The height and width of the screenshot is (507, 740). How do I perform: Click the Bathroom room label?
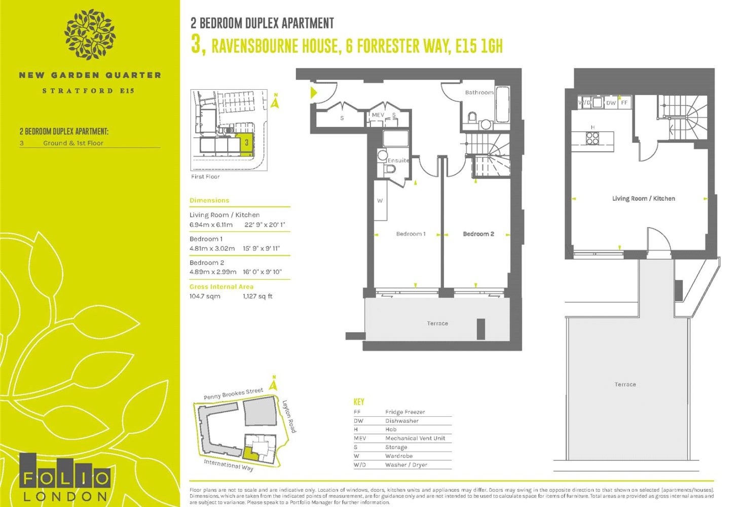tap(479, 93)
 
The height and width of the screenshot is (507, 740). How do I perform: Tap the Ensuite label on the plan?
tap(398, 160)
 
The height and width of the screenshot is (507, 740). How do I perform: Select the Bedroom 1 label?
tap(411, 234)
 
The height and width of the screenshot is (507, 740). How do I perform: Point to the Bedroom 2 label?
tap(478, 234)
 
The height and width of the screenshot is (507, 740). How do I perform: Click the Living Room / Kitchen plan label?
tap(644, 199)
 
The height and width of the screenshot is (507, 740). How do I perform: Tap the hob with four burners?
tap(593, 138)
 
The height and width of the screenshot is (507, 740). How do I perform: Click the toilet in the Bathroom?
tap(472, 117)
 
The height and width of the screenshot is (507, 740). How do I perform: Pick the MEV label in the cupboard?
tap(378, 115)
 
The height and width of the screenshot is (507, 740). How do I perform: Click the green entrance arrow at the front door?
tap(314, 93)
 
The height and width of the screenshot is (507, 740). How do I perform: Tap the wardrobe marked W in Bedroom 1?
tap(380, 200)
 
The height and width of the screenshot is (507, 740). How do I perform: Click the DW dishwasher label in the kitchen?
tap(611, 103)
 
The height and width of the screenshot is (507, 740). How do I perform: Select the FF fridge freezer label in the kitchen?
tap(624, 103)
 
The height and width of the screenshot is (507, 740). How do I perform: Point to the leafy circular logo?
tap(90, 34)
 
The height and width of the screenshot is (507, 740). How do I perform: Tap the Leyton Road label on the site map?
tap(289, 416)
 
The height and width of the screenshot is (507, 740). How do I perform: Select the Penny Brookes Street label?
tap(233, 393)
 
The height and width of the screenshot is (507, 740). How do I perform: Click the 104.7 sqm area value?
tap(205, 296)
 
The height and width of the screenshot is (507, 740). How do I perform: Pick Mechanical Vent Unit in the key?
tap(415, 438)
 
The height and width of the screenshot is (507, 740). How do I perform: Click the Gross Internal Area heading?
tap(221, 286)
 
